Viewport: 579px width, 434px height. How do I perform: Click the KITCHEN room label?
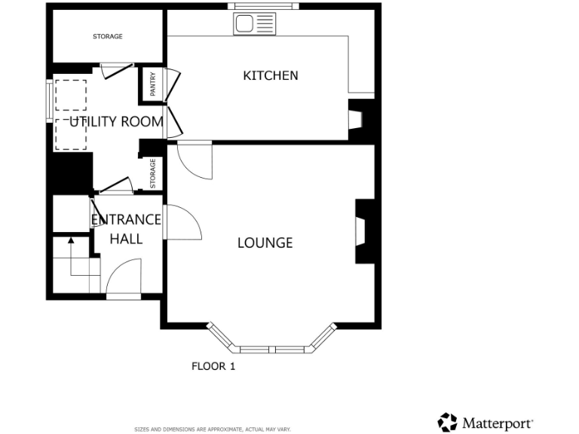pyautogui.click(x=270, y=75)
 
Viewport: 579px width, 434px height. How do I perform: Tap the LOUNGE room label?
pyautogui.click(x=265, y=243)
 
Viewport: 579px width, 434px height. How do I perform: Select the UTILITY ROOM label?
pyautogui.click(x=116, y=121)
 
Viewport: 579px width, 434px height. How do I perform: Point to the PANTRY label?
pyautogui.click(x=152, y=85)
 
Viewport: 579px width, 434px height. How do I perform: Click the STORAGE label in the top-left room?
pyautogui.click(x=107, y=36)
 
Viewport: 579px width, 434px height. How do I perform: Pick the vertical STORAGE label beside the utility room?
pyautogui.click(x=152, y=173)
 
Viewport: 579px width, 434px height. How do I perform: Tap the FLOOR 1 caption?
pyautogui.click(x=213, y=367)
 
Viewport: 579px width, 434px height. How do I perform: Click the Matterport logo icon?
pyautogui.click(x=448, y=422)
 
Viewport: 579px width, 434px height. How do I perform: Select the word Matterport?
pyautogui.click(x=498, y=423)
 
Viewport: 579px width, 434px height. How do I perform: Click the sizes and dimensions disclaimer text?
pyautogui.click(x=213, y=429)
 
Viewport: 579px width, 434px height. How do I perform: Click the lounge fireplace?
pyautogui.click(x=364, y=231)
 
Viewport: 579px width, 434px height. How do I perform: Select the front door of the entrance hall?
pyautogui.click(x=124, y=280)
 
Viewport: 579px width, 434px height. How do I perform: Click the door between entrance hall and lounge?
pyautogui.click(x=181, y=223)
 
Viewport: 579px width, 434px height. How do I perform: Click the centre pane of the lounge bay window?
pyautogui.click(x=274, y=350)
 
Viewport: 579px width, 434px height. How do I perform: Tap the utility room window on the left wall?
pyautogui.click(x=49, y=100)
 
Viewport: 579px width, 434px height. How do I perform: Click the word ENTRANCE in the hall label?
pyautogui.click(x=126, y=220)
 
